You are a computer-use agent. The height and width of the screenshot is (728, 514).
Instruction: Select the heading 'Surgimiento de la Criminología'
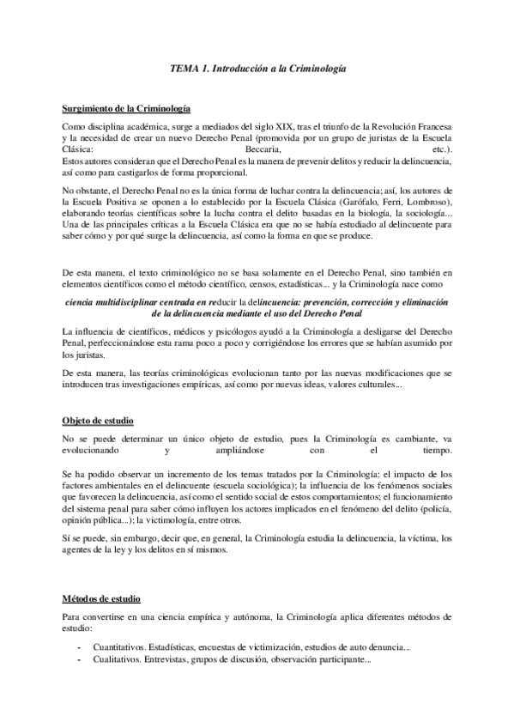(127, 109)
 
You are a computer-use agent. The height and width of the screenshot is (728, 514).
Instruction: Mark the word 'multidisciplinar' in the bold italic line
(142, 302)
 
